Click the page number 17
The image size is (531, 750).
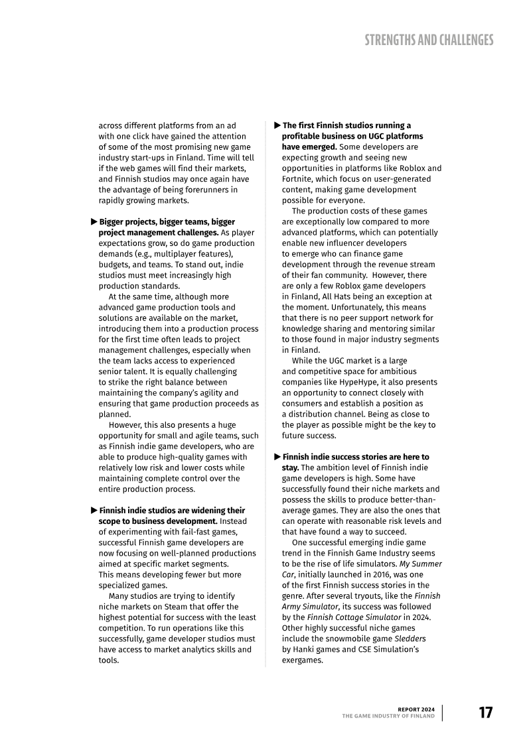486,712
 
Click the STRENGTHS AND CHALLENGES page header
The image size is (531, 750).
429,40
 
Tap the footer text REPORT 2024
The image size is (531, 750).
416,710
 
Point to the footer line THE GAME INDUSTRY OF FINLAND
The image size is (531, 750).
388,716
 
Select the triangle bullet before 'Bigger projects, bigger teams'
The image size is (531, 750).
94,221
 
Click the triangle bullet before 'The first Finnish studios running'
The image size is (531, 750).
277,125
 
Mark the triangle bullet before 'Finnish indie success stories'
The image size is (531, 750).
277,457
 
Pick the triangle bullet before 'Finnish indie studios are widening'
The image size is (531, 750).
94,510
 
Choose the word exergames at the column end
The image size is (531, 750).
302,660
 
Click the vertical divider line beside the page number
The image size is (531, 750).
443,712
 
